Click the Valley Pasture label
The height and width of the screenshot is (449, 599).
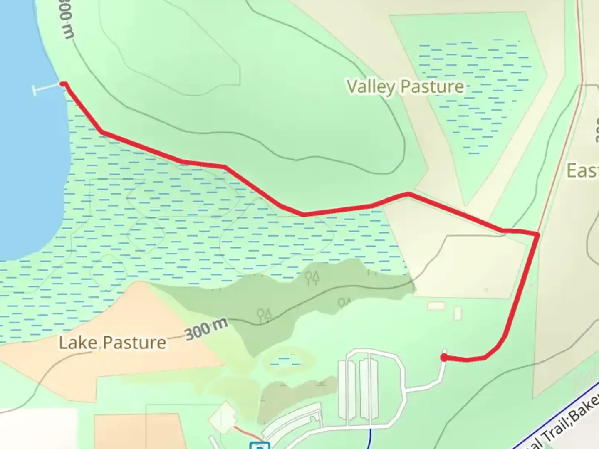pos(405,86)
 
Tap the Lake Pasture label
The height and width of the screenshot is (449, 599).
pos(112,343)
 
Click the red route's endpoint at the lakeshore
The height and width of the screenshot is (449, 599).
pos(63,84)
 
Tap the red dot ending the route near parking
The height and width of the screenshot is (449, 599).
pos(444,357)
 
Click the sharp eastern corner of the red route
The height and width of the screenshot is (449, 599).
pos(538,234)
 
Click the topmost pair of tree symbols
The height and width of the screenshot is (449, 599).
pos(312,277)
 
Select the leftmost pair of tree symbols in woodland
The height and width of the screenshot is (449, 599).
pos(264,315)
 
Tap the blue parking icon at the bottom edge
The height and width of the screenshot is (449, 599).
pos(260,446)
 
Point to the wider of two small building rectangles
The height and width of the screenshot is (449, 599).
pos(436,306)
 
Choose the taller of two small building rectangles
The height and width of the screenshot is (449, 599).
pos(458,313)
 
